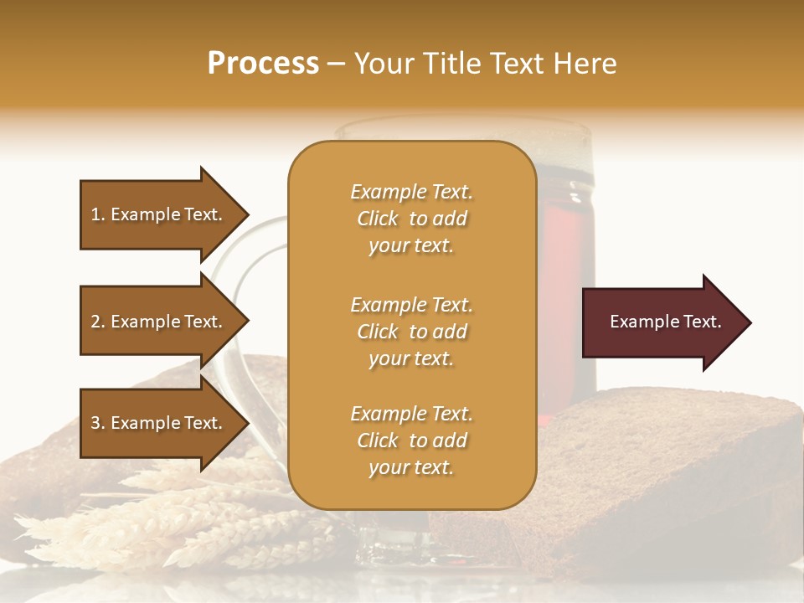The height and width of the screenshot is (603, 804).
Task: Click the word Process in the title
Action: [263, 64]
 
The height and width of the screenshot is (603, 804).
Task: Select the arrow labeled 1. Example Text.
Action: [159, 214]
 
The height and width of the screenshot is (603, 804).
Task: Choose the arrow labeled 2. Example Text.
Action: [159, 322]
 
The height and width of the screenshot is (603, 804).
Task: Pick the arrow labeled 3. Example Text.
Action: [159, 423]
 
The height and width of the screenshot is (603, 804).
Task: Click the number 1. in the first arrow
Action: [98, 214]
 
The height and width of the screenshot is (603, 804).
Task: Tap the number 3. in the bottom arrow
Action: [98, 423]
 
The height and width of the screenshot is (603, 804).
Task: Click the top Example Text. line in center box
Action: [411, 192]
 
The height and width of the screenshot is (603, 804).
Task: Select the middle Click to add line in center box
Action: [411, 332]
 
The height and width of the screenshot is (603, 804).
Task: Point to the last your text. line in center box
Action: [411, 467]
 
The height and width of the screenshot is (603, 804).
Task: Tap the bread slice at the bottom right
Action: [670, 469]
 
